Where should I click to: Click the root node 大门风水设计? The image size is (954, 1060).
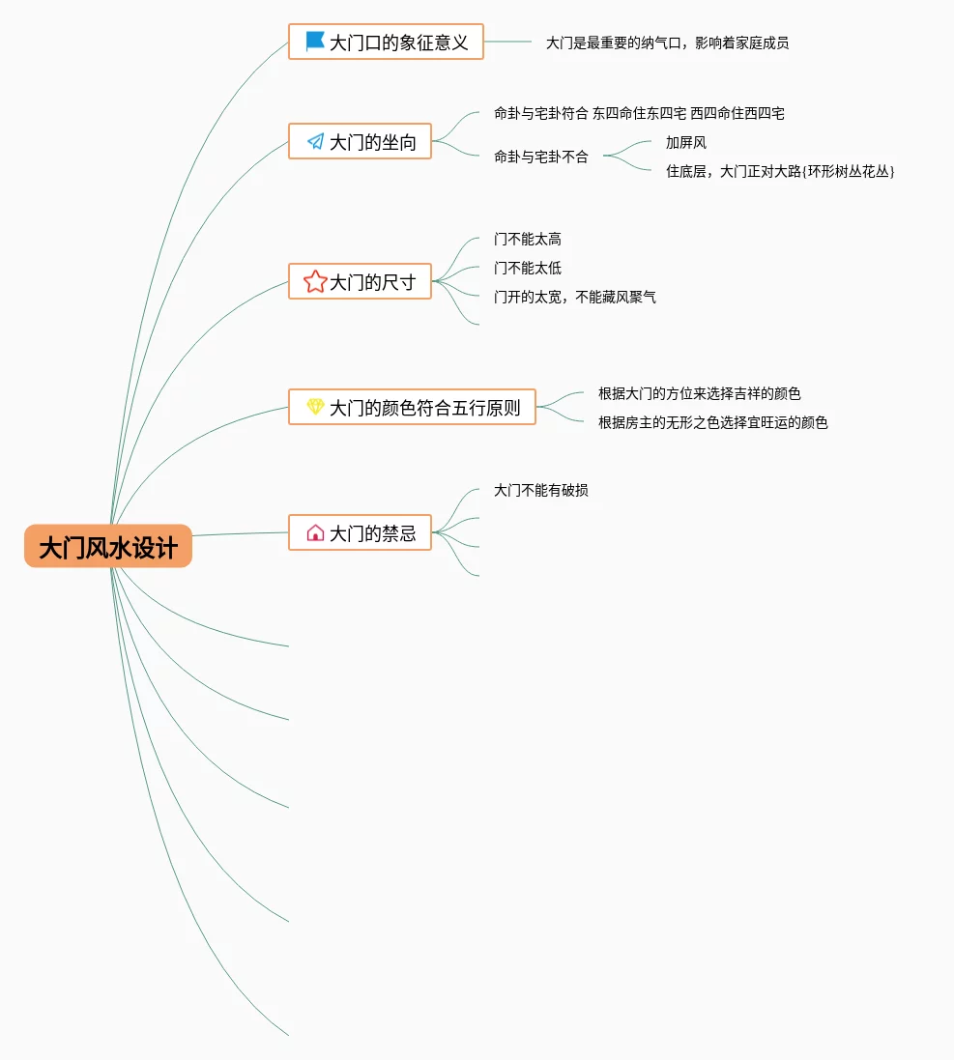coord(108,547)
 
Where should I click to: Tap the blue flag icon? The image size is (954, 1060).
coord(315,42)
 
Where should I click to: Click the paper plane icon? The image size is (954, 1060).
coord(315,142)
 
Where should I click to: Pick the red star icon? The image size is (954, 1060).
coord(315,281)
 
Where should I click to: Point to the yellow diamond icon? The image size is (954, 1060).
coord(315,407)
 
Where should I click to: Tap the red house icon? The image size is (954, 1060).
coord(315,532)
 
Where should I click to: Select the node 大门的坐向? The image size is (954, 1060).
coord(372,142)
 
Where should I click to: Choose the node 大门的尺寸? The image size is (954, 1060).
coord(372,282)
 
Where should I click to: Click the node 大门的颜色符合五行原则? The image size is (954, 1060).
coord(424,408)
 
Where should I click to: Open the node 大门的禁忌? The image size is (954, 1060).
coord(372,533)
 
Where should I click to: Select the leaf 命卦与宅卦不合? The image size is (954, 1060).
coord(540,157)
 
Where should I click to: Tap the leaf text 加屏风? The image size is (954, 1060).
coord(685,143)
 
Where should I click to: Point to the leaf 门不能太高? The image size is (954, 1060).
coord(527,239)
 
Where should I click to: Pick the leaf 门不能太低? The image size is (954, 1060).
coord(527,268)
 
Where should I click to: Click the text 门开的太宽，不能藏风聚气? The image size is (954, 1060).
coord(574,297)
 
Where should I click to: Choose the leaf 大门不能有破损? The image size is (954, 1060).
coord(540,490)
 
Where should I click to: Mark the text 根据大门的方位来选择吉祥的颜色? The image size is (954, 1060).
coord(699,393)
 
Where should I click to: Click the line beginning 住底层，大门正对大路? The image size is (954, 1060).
coord(779,171)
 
